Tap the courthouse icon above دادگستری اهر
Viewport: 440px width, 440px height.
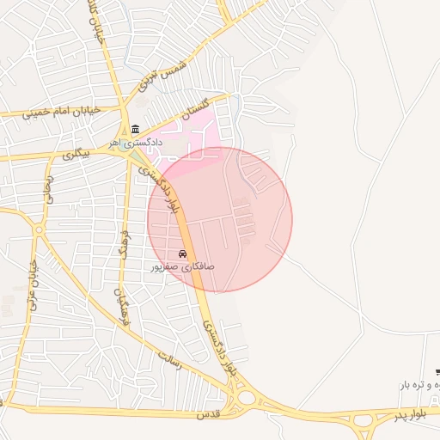136,129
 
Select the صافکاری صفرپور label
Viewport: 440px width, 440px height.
183,266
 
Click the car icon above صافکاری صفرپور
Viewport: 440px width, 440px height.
182,254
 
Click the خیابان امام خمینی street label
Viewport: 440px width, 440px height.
62,111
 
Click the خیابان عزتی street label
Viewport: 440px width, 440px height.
33,289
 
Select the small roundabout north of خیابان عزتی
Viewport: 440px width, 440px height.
40,230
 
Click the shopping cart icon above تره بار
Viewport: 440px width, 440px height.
437,371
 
